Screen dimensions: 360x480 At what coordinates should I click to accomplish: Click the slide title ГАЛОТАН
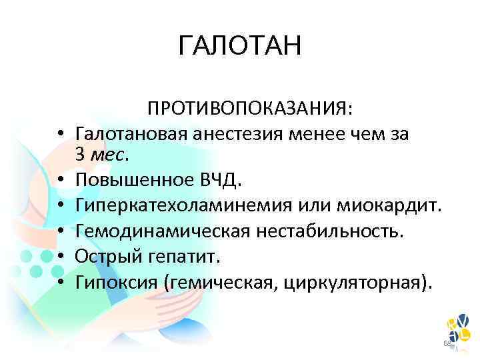point(240,46)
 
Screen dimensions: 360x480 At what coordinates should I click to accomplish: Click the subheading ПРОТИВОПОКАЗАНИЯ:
point(251,108)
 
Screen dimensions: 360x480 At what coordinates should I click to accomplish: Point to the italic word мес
point(106,155)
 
